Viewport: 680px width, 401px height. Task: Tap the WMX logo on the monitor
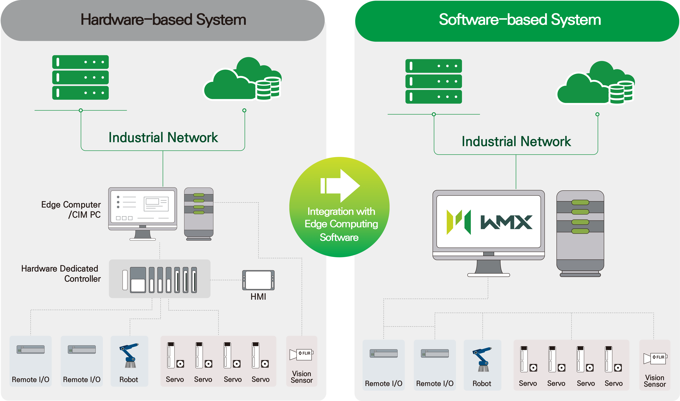[x=489, y=222]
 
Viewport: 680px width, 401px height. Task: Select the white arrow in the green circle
[x=340, y=186]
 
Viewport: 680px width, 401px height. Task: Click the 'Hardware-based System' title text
[x=163, y=20]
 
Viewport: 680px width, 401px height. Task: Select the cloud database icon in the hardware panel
[x=242, y=79]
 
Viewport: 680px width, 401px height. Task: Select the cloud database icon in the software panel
[x=595, y=83]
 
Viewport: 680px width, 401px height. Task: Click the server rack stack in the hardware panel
[x=80, y=78]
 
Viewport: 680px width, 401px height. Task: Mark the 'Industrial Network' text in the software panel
[x=516, y=141]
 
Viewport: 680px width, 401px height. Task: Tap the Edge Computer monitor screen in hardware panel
[x=143, y=207]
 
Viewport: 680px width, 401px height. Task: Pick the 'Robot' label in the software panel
[x=482, y=383]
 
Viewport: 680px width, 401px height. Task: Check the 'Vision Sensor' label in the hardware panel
[x=301, y=377]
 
